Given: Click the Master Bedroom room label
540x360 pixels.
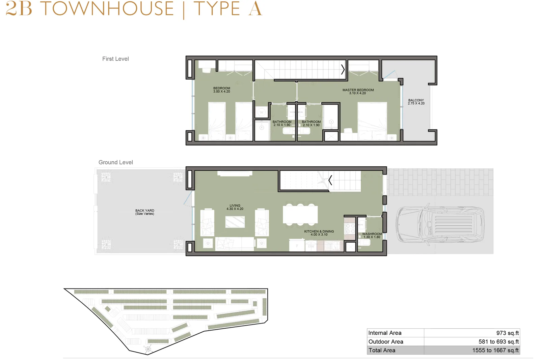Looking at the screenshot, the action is (x=358, y=91).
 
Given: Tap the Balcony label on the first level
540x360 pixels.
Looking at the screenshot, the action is (x=416, y=102).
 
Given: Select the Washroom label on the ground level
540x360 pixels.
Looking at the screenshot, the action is (x=372, y=236).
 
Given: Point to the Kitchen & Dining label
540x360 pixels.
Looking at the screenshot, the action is (x=319, y=233).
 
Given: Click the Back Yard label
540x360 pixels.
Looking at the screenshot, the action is (x=145, y=212).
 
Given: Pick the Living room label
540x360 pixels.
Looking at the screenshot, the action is (x=235, y=207).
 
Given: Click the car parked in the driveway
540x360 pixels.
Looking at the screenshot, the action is (x=440, y=225).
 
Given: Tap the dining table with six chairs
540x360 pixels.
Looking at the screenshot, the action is (x=300, y=215).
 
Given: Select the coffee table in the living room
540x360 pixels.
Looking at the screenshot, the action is (x=235, y=222).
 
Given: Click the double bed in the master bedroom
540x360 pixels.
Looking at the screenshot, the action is (x=372, y=121).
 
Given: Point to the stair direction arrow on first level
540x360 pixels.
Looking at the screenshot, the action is (x=343, y=70).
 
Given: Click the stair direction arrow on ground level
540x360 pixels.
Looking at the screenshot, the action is (x=330, y=180).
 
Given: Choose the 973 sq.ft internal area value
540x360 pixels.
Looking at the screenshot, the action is (x=508, y=333).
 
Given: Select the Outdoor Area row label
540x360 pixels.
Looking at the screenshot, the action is (x=386, y=342).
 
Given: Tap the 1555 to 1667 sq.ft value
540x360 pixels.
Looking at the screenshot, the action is (x=495, y=350).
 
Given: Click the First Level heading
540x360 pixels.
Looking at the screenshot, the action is (x=115, y=59).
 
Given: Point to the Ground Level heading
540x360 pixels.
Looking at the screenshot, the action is (x=116, y=162).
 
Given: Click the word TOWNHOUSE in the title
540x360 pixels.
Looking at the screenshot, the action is (x=107, y=9).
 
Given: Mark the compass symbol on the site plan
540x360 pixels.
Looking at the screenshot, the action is (x=147, y=349).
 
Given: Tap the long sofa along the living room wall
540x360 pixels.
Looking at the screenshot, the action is (x=235, y=244).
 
